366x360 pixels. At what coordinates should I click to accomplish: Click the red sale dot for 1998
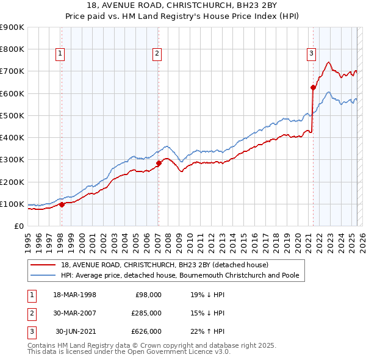(62, 204)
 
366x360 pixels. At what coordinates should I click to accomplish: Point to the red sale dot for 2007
(159, 163)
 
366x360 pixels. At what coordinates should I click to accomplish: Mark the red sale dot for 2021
(313, 87)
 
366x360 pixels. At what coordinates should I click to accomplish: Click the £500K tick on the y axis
(12, 115)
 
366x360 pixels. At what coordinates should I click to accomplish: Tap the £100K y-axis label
(12, 204)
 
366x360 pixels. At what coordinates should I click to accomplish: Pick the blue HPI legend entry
(179, 276)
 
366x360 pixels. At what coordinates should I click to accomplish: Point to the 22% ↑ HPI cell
(207, 331)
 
